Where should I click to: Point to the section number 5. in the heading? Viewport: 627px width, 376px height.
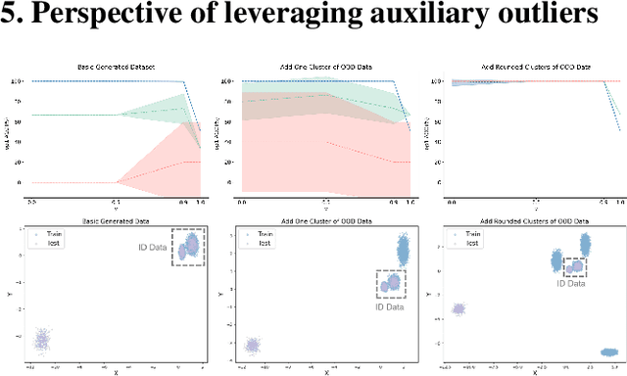(x=14, y=17)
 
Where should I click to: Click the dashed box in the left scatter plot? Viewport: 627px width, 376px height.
(x=189, y=248)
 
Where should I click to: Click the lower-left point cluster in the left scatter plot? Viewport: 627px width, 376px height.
(x=42, y=340)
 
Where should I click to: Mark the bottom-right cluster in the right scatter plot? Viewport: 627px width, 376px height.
(x=609, y=352)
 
